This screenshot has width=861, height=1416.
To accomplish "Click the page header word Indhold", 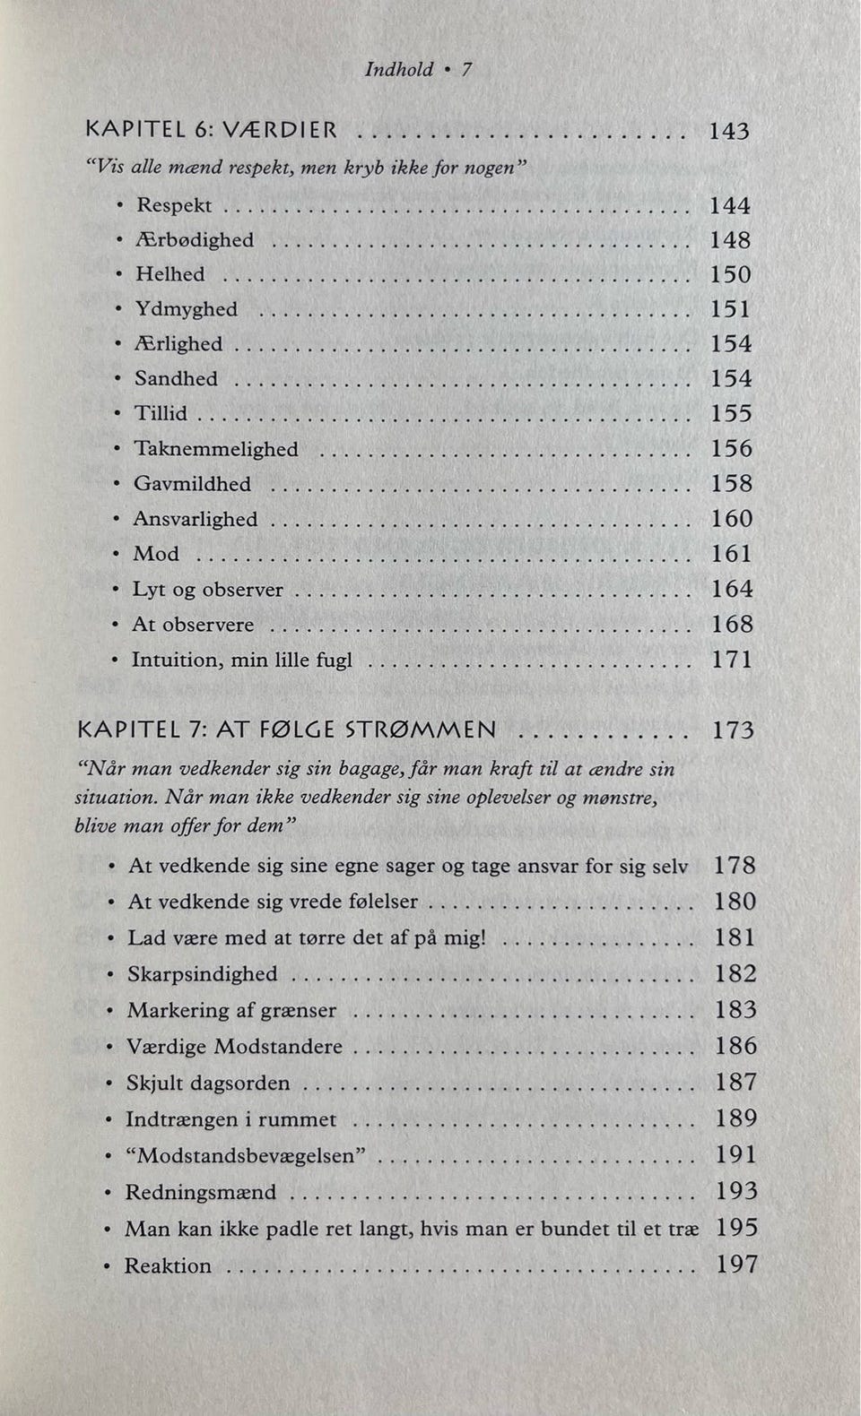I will [x=398, y=69].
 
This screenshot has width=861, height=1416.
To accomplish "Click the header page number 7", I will [x=466, y=69].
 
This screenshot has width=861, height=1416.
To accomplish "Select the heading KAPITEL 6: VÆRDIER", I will [x=212, y=130].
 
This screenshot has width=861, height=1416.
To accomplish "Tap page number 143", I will [x=728, y=131].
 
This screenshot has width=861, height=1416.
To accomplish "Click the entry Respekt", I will [x=173, y=205].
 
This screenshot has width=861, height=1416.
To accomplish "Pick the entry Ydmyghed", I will [x=186, y=309].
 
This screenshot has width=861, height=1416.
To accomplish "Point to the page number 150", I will [x=730, y=274].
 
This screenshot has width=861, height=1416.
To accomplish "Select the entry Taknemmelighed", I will [x=215, y=448].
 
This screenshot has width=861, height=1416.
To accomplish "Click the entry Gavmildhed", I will [x=192, y=484].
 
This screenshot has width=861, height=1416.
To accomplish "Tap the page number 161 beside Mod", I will [x=731, y=554].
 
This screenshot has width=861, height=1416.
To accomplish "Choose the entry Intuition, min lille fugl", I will [x=241, y=661].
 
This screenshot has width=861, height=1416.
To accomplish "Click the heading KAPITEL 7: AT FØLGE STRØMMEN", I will [x=287, y=730].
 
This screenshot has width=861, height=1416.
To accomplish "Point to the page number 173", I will [x=733, y=730].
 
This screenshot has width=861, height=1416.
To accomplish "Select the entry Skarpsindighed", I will [x=202, y=974].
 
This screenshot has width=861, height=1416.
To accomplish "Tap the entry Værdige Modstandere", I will [x=234, y=1047].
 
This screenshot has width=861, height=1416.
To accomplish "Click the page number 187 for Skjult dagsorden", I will [x=735, y=1083].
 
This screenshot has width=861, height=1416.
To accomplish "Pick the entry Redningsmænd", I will [x=200, y=1193].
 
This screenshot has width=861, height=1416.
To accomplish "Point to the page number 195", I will [x=736, y=1228].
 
